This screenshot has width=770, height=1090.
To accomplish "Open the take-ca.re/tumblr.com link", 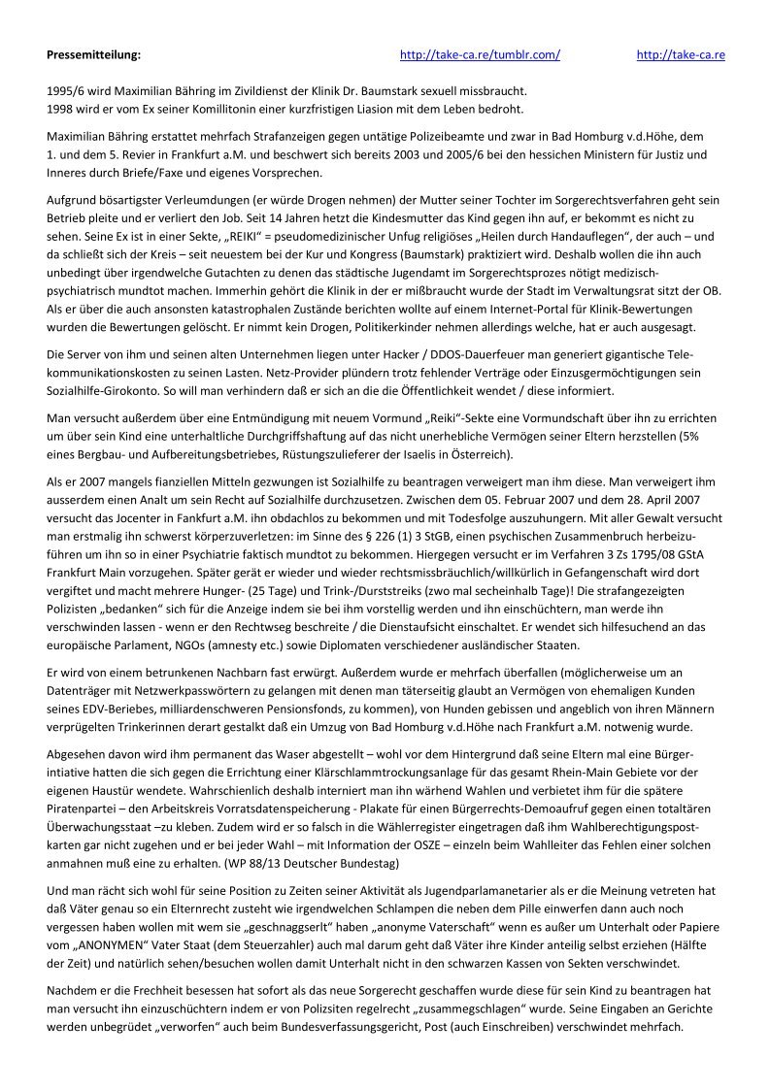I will point(480,54).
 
